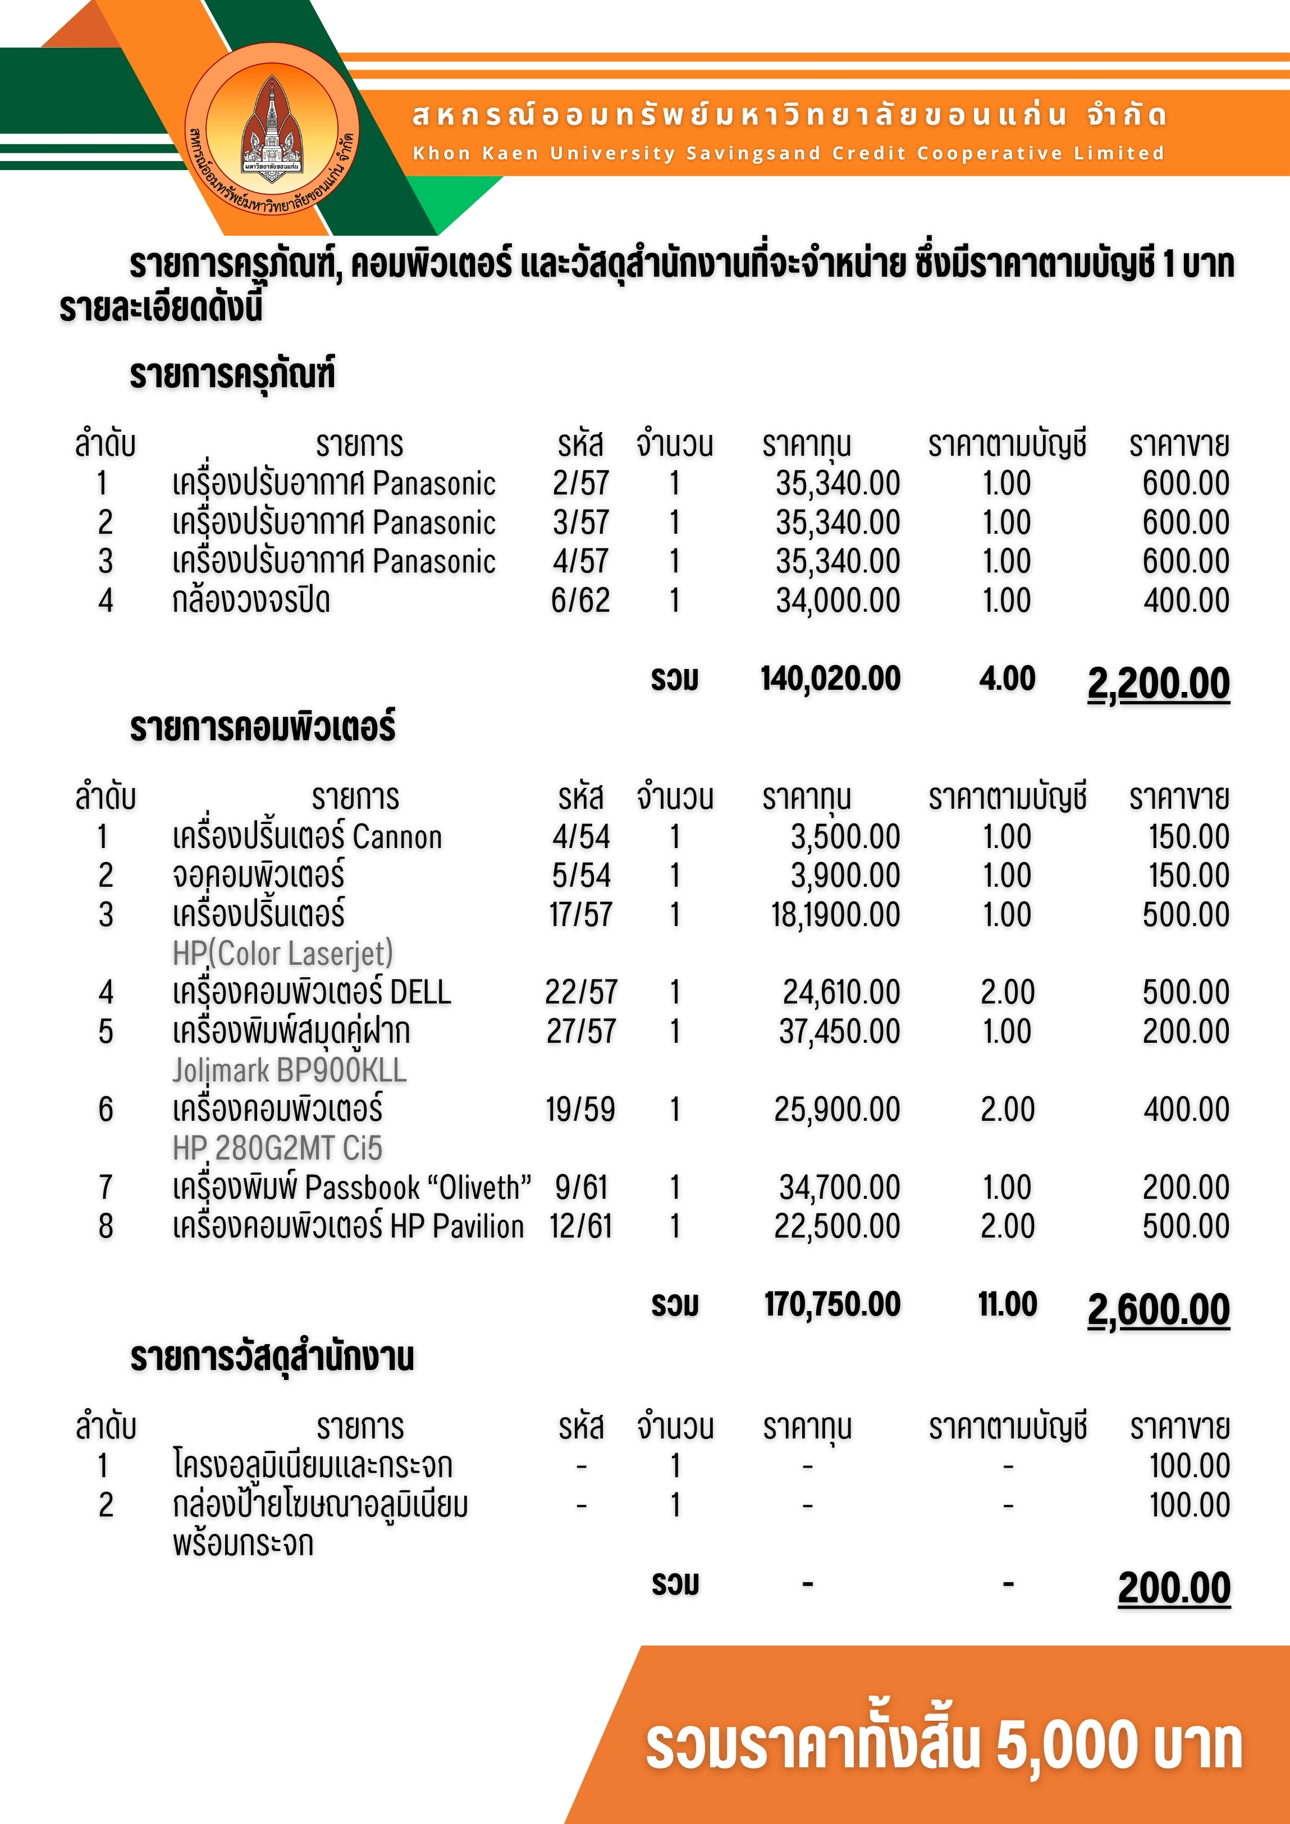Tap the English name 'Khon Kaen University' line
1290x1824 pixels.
point(788,153)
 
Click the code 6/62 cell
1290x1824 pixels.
point(580,601)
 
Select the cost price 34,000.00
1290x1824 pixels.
point(838,601)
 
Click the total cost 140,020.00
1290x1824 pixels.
point(831,679)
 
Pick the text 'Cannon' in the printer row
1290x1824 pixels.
point(397,837)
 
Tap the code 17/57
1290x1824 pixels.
point(580,915)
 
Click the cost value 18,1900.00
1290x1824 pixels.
point(835,915)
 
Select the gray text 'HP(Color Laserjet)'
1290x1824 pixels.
point(283,954)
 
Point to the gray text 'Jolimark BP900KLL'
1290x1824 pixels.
point(289,1071)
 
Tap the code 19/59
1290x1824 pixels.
point(580,1110)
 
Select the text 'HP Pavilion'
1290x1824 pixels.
point(457,1227)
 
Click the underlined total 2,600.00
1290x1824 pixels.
point(1158,1310)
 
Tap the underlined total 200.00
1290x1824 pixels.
point(1174,1589)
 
